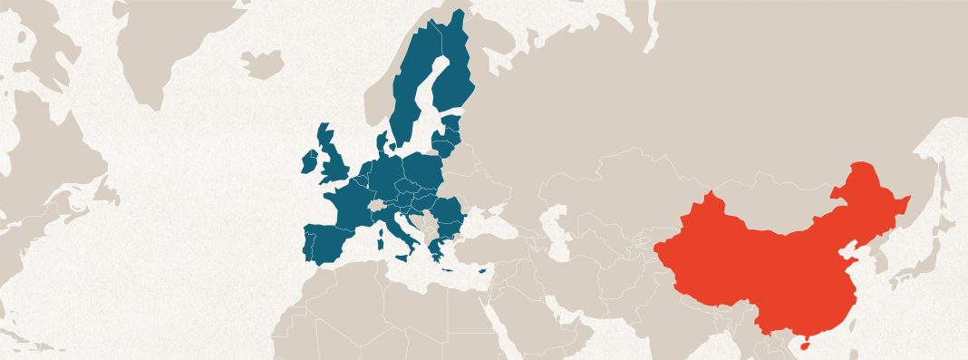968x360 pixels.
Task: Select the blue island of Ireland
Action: tap(310, 161)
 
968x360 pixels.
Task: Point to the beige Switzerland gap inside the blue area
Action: tap(372, 208)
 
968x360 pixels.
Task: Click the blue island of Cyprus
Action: tap(483, 268)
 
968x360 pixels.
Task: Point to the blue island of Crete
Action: tap(445, 268)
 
